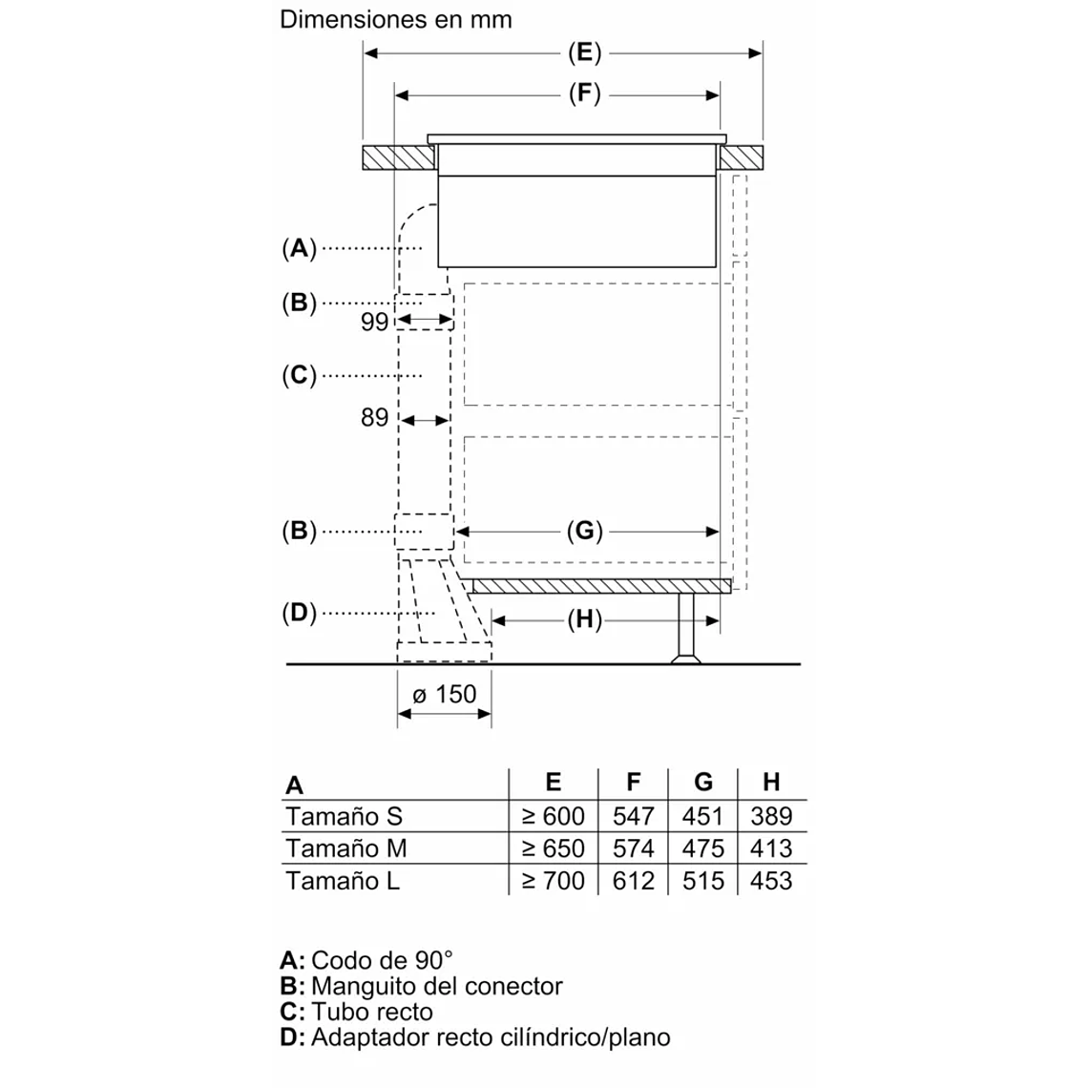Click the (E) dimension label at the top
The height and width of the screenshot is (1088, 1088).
point(584,53)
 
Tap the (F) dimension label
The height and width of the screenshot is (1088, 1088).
point(584,94)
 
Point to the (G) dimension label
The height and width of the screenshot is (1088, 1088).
point(584,531)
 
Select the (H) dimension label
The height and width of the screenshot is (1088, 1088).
point(584,620)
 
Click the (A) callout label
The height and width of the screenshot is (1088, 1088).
point(299,248)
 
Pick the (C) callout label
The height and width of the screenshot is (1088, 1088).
point(299,375)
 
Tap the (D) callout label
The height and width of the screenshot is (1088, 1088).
point(299,613)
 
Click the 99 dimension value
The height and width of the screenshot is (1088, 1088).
point(375,322)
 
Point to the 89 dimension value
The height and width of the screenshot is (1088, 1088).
point(375,418)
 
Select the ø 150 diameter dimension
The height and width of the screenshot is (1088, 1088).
point(444,695)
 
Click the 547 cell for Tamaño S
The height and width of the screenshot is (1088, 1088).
point(634,816)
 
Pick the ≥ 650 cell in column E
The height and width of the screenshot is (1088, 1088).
point(553,848)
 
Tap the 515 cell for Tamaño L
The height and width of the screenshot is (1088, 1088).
point(703,881)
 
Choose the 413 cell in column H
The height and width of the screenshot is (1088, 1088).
point(771,848)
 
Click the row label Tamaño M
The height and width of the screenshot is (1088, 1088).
point(346,848)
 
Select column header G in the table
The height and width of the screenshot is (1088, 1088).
point(703,783)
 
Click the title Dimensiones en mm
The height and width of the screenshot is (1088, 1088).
point(396,19)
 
